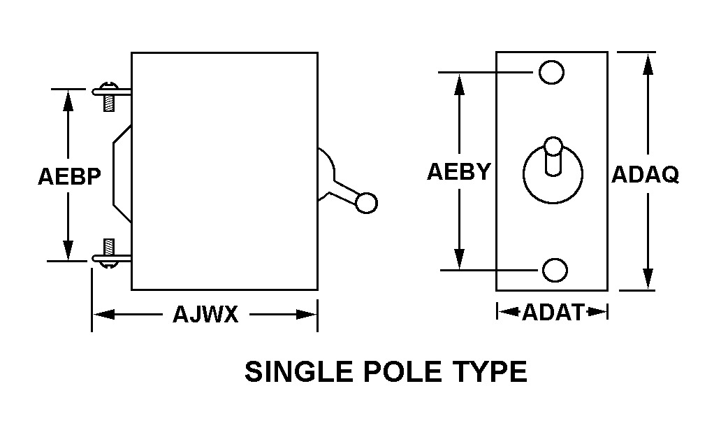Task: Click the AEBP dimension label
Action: click(x=68, y=176)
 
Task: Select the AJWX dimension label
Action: click(x=205, y=315)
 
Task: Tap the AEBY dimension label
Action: click(x=459, y=172)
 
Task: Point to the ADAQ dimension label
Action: click(x=645, y=175)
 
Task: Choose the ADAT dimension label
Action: click(x=552, y=312)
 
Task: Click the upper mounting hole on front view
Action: click(x=551, y=72)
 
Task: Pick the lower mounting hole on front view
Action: click(x=555, y=269)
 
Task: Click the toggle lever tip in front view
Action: click(x=553, y=146)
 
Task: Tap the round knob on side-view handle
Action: click(x=366, y=202)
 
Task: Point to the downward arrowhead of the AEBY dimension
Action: click(x=459, y=259)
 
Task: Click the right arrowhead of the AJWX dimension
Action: click(x=309, y=315)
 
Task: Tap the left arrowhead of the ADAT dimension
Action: click(x=504, y=312)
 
